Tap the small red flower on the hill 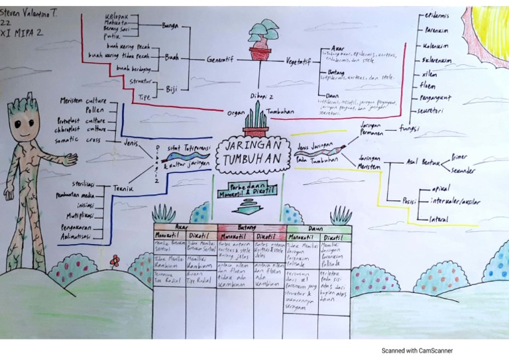[x=115, y=261]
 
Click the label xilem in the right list [x=429, y=73]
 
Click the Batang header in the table [x=247, y=227]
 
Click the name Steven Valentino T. [x=30, y=11]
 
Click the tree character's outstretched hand [x=69, y=160]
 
